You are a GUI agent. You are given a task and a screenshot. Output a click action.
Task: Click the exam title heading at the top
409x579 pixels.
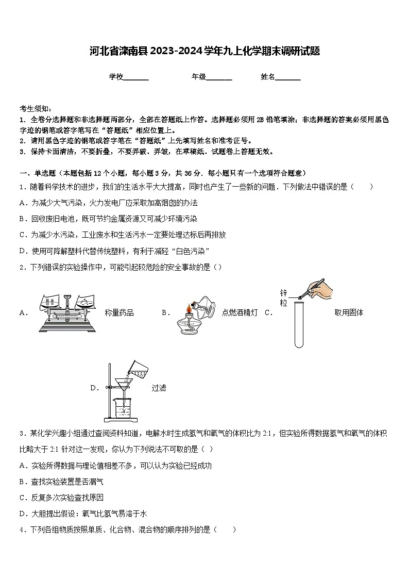pyautogui.click(x=204, y=51)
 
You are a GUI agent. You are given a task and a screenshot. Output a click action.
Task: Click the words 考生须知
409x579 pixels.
pyautogui.click(x=35, y=108)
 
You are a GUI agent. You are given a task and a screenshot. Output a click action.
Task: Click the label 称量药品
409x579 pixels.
pyautogui.click(x=119, y=312)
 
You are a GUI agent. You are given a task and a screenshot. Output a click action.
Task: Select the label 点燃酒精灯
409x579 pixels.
pyautogui.click(x=240, y=312)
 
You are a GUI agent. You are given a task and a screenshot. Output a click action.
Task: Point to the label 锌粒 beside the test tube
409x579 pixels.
pyautogui.click(x=283, y=297)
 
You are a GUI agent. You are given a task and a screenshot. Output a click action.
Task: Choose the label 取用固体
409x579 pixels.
pyautogui.click(x=349, y=312)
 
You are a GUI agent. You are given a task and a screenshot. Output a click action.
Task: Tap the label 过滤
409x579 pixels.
pyautogui.click(x=159, y=388)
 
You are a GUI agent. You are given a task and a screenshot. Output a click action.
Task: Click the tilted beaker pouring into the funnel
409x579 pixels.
pyautogui.click(x=139, y=369)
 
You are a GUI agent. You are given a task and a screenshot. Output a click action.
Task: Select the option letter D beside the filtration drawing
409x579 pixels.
pyautogui.click(x=94, y=388)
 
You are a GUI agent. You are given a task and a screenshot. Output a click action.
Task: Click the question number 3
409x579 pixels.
pyautogui.click(x=22, y=434)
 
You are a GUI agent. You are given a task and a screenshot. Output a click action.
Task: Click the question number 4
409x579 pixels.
pyautogui.click(x=22, y=530)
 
